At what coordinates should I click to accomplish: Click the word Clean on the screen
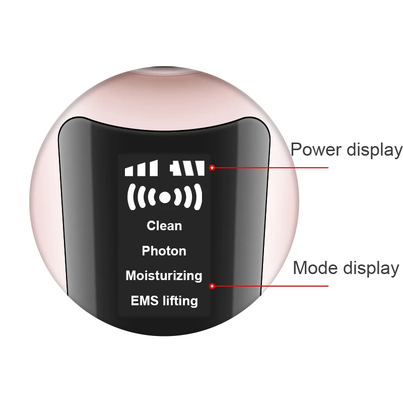coord(164,226)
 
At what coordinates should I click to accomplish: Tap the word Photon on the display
coord(164,251)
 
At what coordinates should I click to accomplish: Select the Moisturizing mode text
coord(164,276)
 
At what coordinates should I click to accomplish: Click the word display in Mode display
coord(370,267)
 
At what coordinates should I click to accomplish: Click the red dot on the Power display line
coord(212,168)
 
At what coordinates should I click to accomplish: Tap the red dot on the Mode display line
coord(212,286)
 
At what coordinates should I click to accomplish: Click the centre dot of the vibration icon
coord(164,197)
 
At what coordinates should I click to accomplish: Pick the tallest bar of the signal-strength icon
coord(155,168)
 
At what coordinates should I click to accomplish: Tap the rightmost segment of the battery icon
coord(200,168)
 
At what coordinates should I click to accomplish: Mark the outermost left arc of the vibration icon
coord(130,196)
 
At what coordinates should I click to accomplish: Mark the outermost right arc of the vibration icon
coord(198,196)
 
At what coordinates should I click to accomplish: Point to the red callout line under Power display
coord(272,168)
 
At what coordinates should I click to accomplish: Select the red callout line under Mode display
coord(272,286)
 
